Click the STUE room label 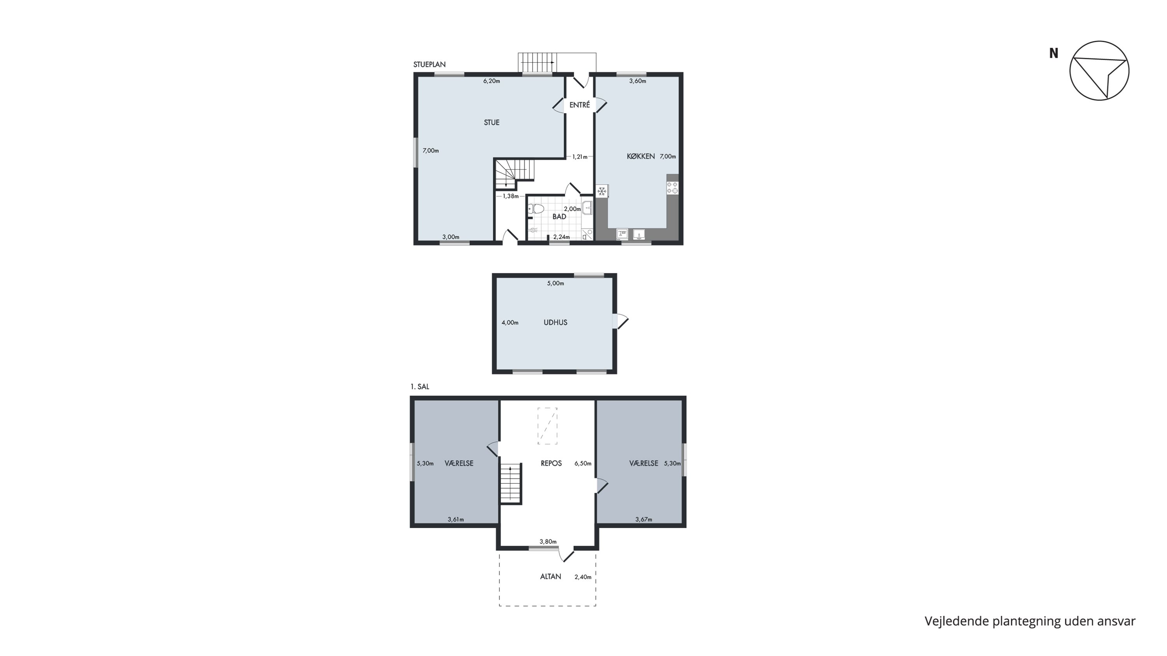click(492, 122)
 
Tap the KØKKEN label click(641, 156)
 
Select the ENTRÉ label click(580, 105)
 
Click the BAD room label click(559, 217)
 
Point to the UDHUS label click(555, 322)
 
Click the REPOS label click(551, 463)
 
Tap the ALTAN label click(550, 576)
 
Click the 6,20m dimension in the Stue click(492, 81)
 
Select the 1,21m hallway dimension click(580, 157)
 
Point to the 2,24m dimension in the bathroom click(561, 237)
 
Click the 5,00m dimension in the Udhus click(555, 283)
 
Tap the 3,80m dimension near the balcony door click(548, 541)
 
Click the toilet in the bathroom click(536, 209)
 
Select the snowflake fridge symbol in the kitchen click(602, 191)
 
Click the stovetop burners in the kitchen click(672, 187)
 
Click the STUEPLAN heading click(429, 64)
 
